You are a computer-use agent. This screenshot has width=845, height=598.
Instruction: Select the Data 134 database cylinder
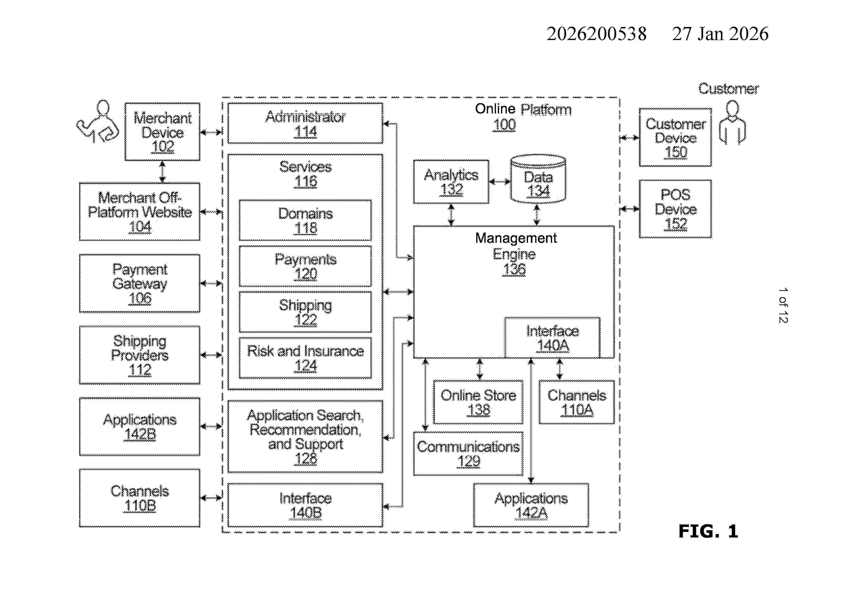[538, 179]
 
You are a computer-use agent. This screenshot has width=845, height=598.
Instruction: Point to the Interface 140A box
[552, 338]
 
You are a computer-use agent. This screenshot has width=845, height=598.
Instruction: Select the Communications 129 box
[468, 454]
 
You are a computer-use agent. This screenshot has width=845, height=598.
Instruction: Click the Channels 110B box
[139, 498]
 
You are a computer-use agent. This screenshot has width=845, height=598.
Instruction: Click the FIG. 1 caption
[708, 531]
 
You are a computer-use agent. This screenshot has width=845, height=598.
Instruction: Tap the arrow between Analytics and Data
[499, 181]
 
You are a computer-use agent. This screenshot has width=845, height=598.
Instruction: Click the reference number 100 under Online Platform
[504, 125]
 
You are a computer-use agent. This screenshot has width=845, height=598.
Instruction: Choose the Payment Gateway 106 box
[139, 283]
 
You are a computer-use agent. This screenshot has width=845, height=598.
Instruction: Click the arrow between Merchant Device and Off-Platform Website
[162, 172]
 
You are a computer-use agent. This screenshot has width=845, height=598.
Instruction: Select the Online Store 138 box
[478, 402]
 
